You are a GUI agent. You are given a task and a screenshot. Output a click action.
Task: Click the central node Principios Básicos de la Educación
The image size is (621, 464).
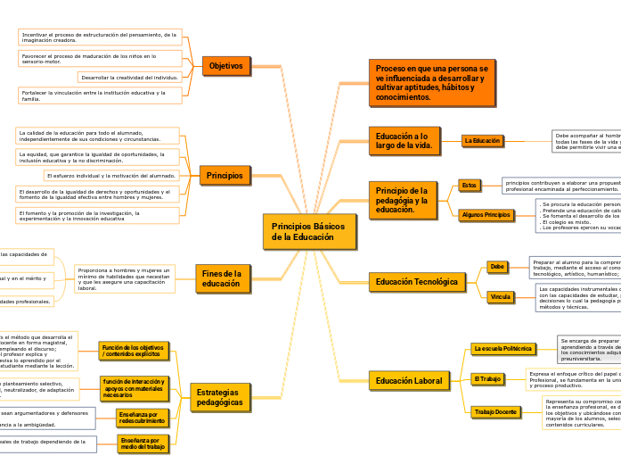pyautogui.click(x=309, y=232)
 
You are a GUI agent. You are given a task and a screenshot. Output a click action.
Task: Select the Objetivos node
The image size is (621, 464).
pyautogui.click(x=226, y=66)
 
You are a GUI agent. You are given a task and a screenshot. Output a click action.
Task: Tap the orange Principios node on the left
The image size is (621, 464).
pyautogui.click(x=225, y=176)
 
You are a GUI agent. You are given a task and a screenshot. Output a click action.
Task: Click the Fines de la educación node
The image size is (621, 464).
pyautogui.click(x=222, y=278)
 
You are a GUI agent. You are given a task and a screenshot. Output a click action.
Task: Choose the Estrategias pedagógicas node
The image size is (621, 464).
pyautogui.click(x=219, y=397)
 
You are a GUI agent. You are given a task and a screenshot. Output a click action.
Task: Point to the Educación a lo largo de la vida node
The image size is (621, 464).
pyautogui.click(x=404, y=140)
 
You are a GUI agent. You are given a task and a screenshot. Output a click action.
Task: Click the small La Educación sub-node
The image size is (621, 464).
pyautogui.click(x=482, y=140)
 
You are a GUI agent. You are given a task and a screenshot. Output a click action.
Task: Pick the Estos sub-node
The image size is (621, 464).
pyautogui.click(x=470, y=185)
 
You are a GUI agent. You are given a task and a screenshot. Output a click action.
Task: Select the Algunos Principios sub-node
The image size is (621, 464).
pyautogui.click(x=486, y=215)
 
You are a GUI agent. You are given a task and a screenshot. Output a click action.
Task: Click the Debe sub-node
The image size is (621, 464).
pyautogui.click(x=497, y=266)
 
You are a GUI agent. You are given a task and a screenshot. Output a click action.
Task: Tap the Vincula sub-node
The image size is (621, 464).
pyautogui.click(x=500, y=297)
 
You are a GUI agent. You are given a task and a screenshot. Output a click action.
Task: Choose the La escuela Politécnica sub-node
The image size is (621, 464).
pyautogui.click(x=503, y=348)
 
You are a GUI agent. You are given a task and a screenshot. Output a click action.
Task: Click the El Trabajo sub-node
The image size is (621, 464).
pyautogui.click(x=487, y=379)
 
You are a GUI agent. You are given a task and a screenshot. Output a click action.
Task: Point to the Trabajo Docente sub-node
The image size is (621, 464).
pyautogui.click(x=495, y=411)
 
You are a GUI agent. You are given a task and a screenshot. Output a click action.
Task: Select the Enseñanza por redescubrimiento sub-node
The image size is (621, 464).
pyautogui.click(x=142, y=417)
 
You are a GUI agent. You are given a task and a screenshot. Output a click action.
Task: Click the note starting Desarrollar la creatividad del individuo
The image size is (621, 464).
pyautogui.click(x=129, y=78)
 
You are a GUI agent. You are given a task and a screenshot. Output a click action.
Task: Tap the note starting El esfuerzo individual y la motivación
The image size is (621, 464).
pyautogui.click(x=110, y=176)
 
